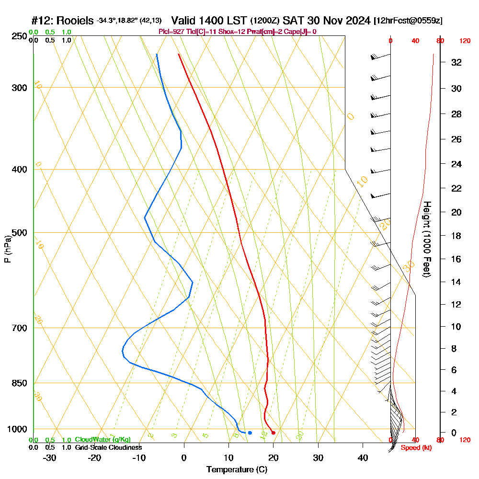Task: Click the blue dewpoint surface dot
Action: point(250,433)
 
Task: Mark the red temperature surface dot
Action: point(273,433)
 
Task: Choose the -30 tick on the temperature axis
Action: point(50,458)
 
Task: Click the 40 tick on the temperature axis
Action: point(363,458)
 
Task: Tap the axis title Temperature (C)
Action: point(237,470)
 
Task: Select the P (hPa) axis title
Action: point(7,249)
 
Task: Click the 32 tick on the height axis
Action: point(456,62)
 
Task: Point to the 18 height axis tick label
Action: point(456,236)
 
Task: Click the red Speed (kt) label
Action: point(413,448)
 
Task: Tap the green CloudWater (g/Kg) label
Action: point(103,440)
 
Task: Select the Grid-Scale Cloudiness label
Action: point(108,447)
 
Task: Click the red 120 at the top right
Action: point(464,41)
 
